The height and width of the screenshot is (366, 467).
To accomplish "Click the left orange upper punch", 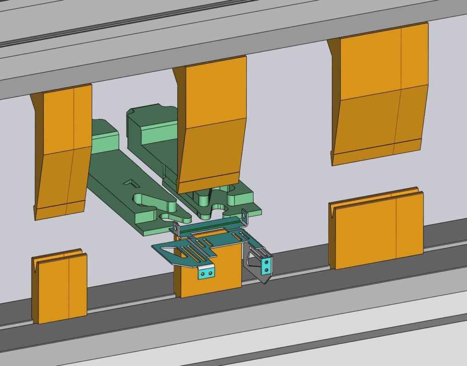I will coord(62,151).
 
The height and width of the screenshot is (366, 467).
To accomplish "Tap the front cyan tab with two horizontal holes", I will coord(206,273).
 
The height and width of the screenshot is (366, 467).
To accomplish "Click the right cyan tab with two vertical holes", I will coord(266,265).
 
